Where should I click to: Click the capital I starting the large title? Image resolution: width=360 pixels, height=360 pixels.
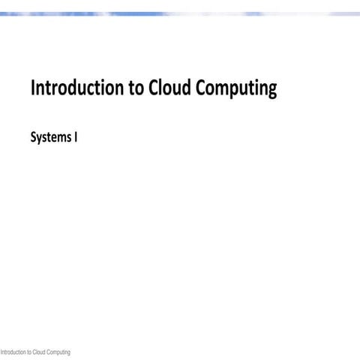(x=32, y=88)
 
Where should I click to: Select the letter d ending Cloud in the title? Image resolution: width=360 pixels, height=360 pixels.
(x=184, y=88)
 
